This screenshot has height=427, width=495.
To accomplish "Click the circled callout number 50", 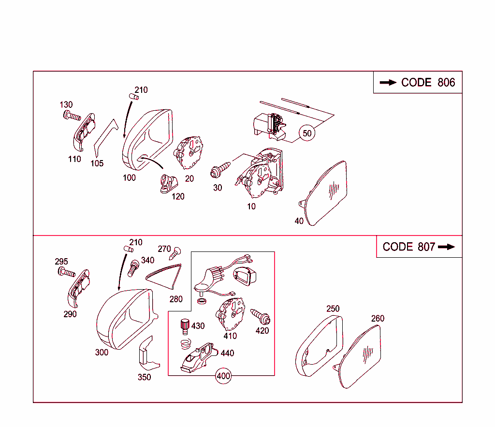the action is (307, 133).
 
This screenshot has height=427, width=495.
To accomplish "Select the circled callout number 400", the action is (223, 376).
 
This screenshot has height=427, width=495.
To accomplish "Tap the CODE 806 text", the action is (428, 82).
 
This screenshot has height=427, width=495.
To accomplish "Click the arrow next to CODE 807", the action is (446, 247).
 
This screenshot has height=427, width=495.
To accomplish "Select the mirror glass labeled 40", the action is (323, 193).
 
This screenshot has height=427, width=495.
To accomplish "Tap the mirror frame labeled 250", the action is (319, 346).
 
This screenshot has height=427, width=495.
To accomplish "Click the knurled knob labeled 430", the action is (185, 326).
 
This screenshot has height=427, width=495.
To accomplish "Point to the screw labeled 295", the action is (67, 272).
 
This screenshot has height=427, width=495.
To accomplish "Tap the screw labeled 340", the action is (133, 268).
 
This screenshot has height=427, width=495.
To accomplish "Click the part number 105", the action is (97, 163).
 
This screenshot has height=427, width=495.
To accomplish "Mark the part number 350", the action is (144, 377).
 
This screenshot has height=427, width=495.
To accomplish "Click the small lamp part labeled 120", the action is (169, 184).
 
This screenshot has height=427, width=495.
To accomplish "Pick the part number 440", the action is (227, 353).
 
